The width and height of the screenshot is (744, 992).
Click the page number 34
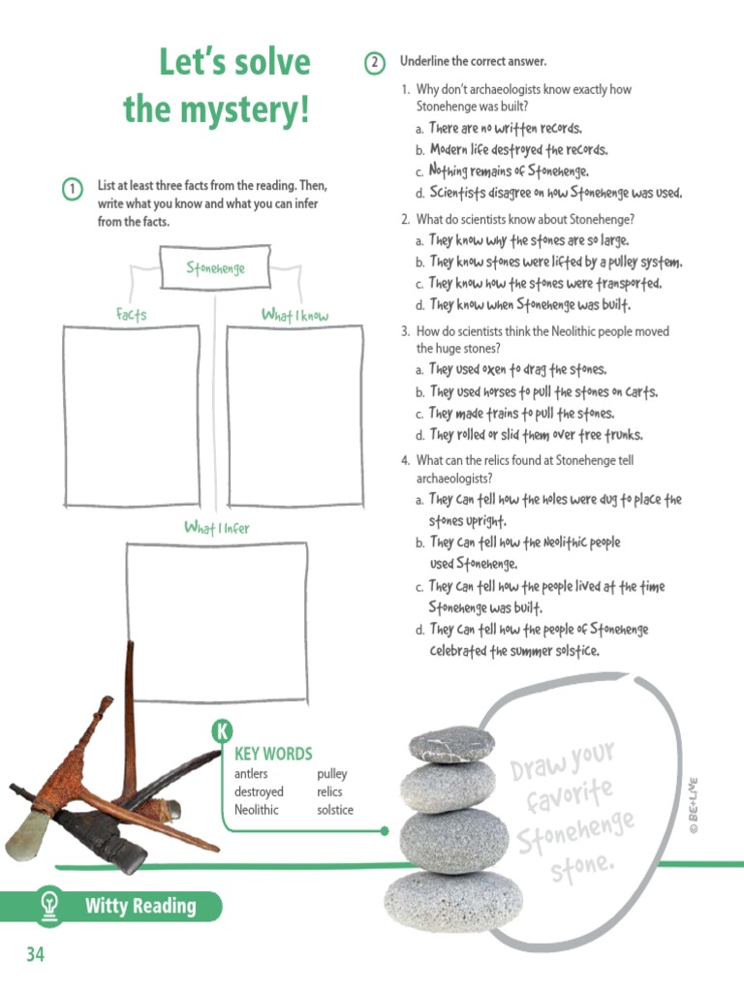35,954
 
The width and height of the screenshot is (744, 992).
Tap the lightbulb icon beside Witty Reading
47,906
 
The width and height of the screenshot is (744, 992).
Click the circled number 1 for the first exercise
73,189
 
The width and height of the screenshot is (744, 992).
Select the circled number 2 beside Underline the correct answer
375,63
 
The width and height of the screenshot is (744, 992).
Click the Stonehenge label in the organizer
215,267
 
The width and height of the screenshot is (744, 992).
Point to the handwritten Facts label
131,314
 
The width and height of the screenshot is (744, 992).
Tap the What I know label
294,315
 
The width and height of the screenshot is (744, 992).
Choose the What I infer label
216,528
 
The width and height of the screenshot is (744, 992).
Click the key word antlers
251,774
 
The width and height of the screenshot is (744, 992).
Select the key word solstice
335,810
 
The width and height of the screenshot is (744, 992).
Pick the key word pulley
331,774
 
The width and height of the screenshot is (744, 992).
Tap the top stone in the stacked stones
450,744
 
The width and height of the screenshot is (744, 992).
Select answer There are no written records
505,129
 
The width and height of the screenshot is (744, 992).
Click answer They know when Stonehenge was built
529,305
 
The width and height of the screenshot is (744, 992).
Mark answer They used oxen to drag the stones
517,369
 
